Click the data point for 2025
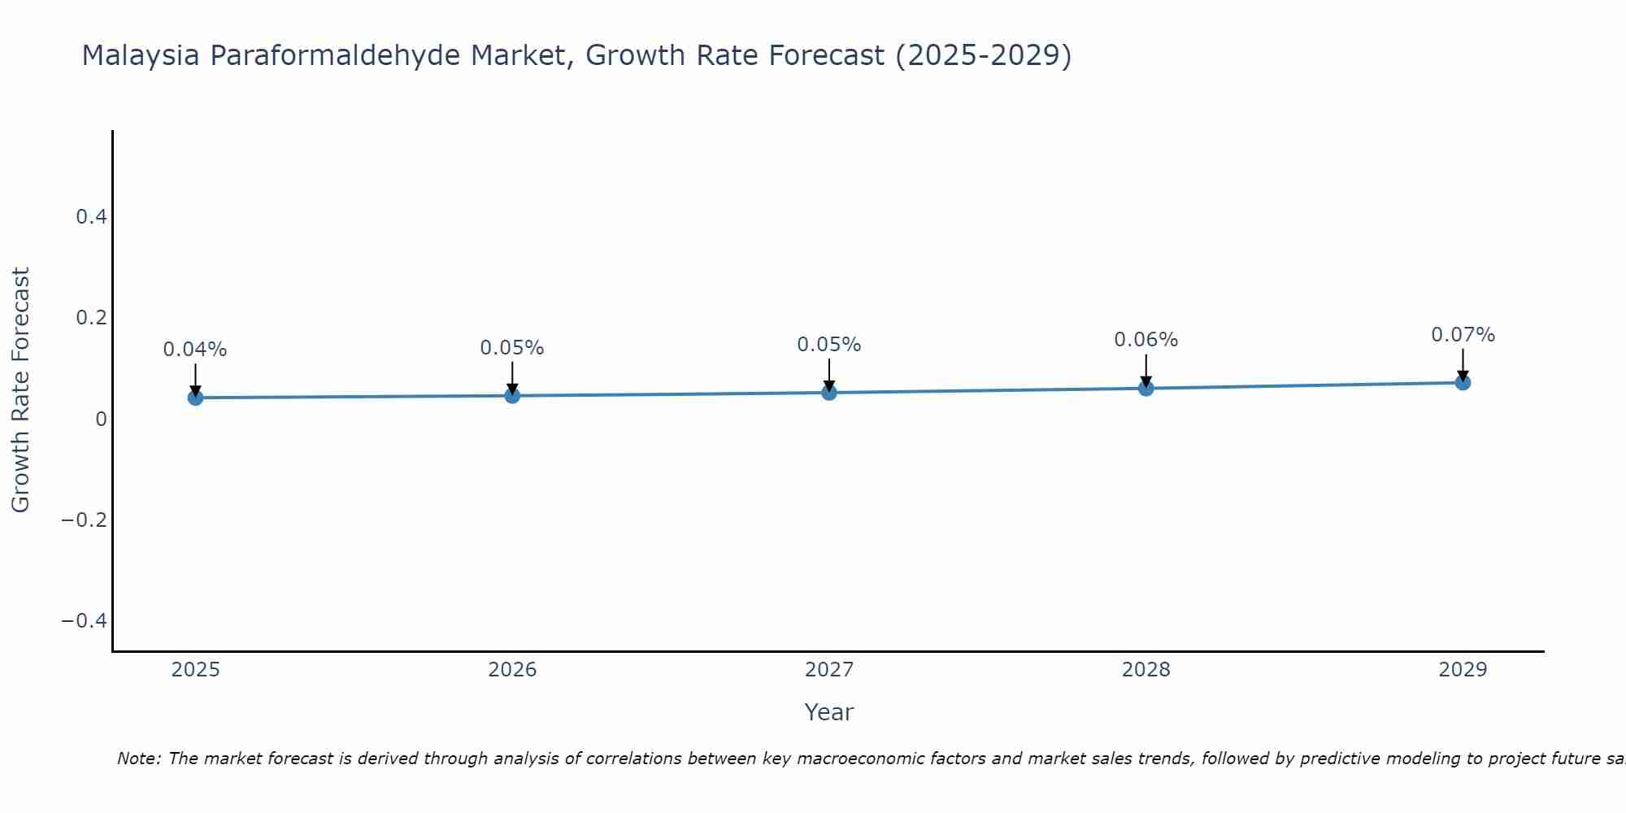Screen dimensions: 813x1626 195,398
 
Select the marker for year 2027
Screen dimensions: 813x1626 829,393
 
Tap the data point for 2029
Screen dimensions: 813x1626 1463,382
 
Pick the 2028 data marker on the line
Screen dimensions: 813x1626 1146,389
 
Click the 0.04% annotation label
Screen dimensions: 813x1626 195,350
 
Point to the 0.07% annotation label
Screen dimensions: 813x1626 1463,335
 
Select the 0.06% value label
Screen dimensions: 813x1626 1146,340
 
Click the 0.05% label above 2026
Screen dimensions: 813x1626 512,348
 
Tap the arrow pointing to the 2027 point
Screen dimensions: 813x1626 829,374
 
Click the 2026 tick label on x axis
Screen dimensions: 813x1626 512,670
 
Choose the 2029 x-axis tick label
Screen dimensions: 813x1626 1463,670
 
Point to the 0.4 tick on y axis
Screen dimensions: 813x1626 91,217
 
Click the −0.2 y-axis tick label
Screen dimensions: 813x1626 85,520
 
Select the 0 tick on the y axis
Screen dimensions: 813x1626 101,420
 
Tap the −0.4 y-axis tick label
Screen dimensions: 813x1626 85,621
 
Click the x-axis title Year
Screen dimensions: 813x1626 828,712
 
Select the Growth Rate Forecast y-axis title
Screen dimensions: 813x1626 20,390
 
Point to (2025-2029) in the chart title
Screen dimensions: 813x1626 983,55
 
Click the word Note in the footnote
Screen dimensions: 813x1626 137,759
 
